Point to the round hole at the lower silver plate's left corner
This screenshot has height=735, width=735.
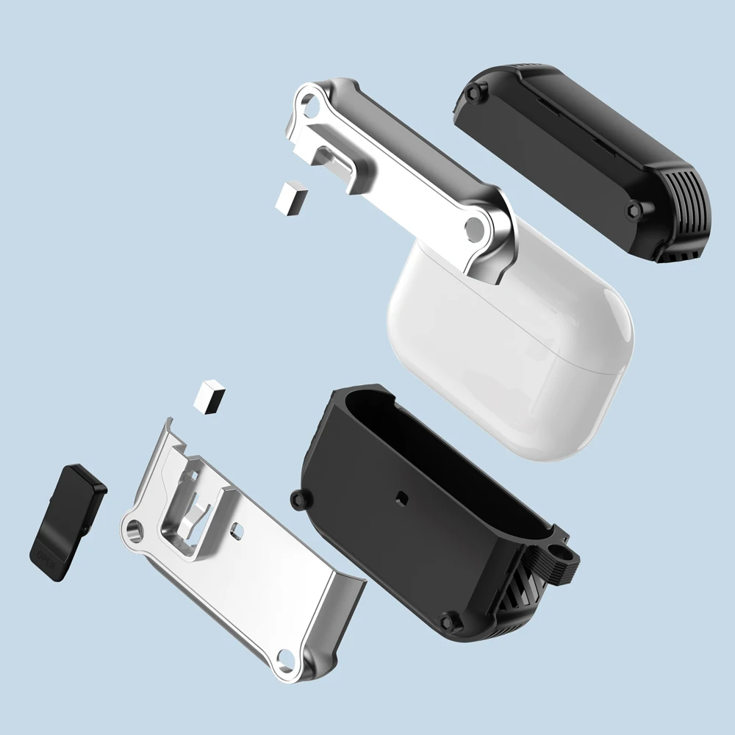[134, 528]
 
